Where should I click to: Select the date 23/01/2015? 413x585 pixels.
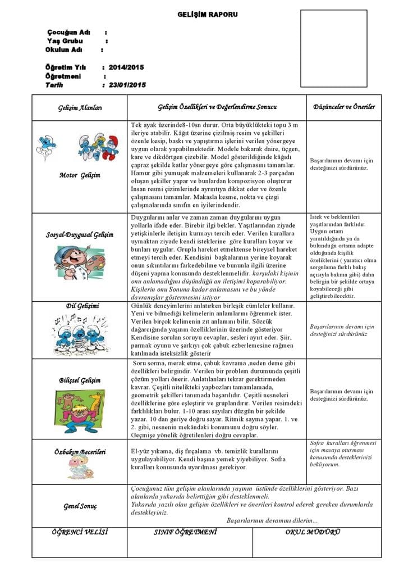click(x=127, y=85)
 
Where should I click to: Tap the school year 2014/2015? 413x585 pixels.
click(x=126, y=67)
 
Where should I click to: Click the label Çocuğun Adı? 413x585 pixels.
click(x=69, y=32)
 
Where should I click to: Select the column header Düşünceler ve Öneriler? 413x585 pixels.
click(x=344, y=107)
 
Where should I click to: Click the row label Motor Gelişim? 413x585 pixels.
click(x=80, y=175)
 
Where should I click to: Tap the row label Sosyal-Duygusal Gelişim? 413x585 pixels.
click(x=80, y=234)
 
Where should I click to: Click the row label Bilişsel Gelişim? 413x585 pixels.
click(x=80, y=380)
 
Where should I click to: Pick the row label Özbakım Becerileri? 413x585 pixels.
click(x=80, y=451)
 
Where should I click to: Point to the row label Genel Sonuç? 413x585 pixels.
click(x=80, y=506)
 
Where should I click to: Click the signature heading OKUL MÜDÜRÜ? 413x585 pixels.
click(x=313, y=532)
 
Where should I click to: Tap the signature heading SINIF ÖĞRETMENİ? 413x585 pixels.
click(x=185, y=532)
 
